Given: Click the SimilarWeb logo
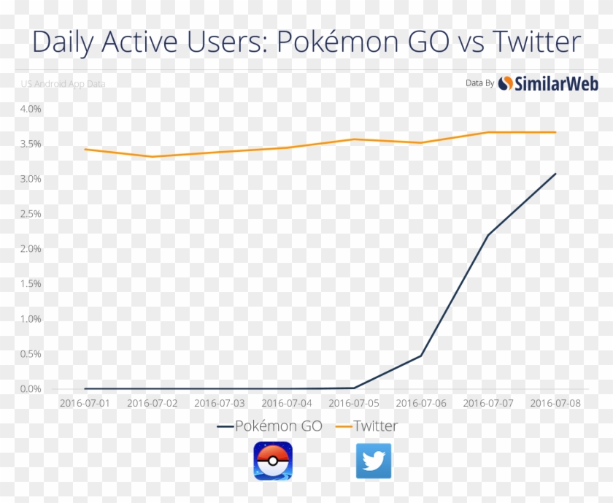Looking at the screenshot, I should point(548,83).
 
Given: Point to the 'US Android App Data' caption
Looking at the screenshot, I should point(63,84).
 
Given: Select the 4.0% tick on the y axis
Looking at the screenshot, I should point(31,109).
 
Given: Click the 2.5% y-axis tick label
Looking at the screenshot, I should point(31,214).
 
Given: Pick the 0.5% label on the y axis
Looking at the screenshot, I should point(31,354).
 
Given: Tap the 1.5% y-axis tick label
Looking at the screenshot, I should point(31,284).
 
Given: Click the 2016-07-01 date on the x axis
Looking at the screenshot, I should point(85,403).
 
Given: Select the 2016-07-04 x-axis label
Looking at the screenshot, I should point(287,403).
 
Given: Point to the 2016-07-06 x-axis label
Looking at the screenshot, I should point(421,403).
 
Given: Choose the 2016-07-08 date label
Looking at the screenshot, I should point(555,403).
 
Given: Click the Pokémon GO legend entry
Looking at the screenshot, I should point(270,426).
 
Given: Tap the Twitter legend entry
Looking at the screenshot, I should point(367,426).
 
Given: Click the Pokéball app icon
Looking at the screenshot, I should point(273,461).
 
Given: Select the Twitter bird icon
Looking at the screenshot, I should point(374,461).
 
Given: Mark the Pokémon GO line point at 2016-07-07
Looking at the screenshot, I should point(487,234).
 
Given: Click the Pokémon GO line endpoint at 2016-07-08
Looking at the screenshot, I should point(555,174).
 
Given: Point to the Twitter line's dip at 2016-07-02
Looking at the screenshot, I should point(153,156).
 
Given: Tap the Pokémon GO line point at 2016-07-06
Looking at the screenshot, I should point(421,356).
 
